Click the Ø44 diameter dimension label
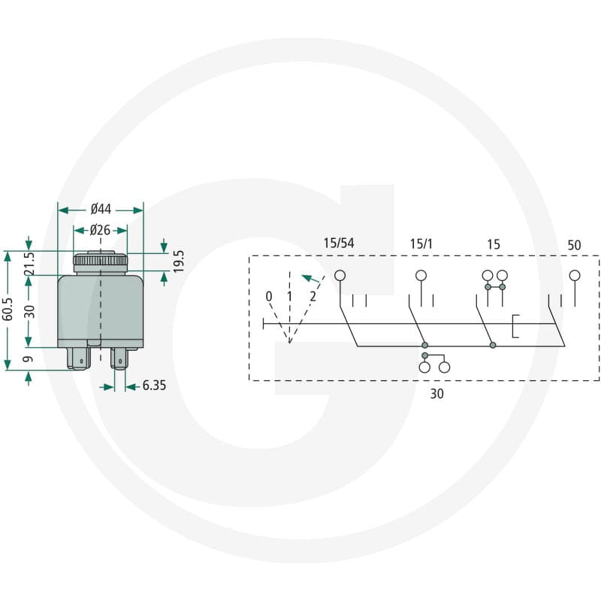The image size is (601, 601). tap(101, 210)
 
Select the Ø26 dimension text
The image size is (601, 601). tap(100, 230)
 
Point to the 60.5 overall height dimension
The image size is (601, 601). tap(8, 310)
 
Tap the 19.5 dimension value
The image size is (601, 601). tap(178, 261)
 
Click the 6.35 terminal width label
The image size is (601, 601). tap(154, 385)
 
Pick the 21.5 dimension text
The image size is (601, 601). tap(29, 264)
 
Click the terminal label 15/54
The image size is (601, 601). tap(339, 243)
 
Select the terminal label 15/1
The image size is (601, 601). tap(421, 243)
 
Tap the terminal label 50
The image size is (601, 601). tap(574, 245)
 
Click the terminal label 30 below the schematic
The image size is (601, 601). tap(436, 394)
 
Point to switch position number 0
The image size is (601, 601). tap(269, 296)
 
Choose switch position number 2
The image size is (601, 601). tap(313, 296)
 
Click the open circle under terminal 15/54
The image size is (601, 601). tap(340, 275)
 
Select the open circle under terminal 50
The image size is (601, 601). tap(575, 275)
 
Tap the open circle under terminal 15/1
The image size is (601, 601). tap(421, 275)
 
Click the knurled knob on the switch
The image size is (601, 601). tap(100, 261)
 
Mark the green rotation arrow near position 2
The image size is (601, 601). tap(310, 279)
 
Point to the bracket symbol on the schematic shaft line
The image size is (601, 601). tap(515, 326)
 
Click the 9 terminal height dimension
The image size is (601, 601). tap(29, 359)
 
